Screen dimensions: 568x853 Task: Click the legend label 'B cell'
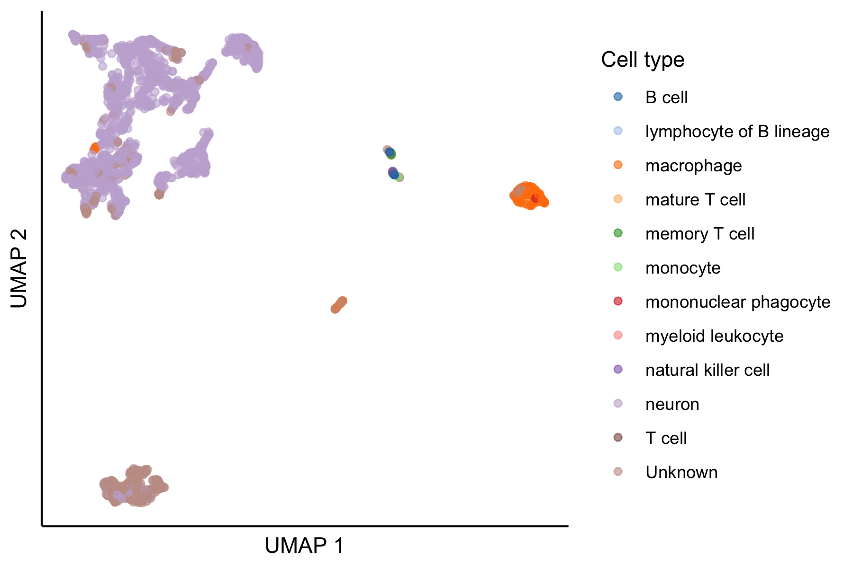click(666, 98)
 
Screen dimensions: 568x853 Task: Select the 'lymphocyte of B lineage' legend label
click(737, 132)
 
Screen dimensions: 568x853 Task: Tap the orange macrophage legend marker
click(618, 165)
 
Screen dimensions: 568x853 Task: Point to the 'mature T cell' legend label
click(695, 200)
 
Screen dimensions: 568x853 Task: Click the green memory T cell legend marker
click(618, 233)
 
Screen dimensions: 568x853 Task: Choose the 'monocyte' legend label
click(682, 268)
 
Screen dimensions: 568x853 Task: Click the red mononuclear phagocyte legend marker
click(618, 302)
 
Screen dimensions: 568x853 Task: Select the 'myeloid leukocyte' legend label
click(714, 336)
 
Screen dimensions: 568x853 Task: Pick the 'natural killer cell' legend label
click(707, 370)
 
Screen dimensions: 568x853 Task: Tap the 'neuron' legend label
click(672, 404)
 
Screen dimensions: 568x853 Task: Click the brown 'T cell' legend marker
click(618, 438)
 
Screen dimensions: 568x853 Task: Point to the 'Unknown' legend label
click(681, 472)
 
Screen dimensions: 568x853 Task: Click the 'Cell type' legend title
click(643, 60)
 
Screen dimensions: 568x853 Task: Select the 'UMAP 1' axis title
click(304, 546)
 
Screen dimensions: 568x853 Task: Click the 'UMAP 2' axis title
click(19, 268)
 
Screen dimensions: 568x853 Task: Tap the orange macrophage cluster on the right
click(527, 195)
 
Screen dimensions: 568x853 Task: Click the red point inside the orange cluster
click(535, 198)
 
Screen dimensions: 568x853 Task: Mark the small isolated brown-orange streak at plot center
click(339, 304)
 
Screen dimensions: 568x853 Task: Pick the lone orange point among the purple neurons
click(95, 148)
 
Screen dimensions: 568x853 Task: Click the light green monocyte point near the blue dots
click(399, 177)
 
